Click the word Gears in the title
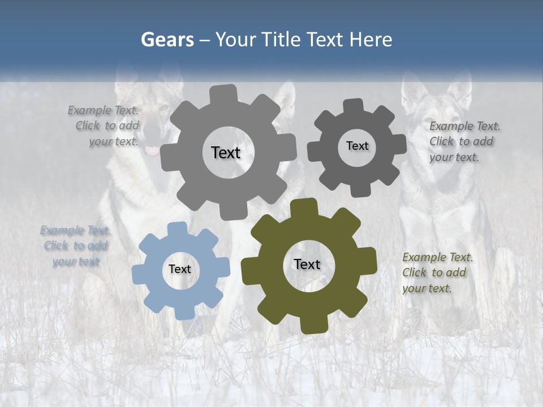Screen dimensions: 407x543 tap(167, 40)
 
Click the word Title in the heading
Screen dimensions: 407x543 tap(281, 40)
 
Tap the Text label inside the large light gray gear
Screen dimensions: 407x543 tap(226, 153)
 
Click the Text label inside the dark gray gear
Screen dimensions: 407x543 tap(357, 146)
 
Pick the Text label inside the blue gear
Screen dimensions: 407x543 tap(180, 270)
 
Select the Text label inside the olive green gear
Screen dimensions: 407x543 tap(307, 265)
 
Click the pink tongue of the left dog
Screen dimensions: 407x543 tap(152, 150)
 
